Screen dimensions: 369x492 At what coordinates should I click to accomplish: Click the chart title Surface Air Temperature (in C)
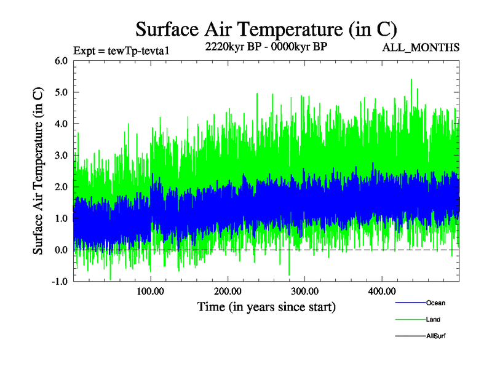[x=266, y=29]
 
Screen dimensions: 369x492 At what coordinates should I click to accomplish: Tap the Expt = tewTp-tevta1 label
[x=121, y=51]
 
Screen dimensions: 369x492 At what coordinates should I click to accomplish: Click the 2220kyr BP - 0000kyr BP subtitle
[x=265, y=47]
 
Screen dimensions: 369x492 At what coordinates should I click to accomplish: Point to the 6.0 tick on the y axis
[x=61, y=61]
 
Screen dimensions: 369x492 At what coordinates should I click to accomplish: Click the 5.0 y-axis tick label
[x=61, y=92]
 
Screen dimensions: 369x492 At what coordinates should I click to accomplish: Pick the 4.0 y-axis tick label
[x=61, y=124]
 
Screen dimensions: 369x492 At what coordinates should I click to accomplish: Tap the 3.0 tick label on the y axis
[x=61, y=155]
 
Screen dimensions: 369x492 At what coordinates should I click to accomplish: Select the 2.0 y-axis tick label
[x=61, y=186]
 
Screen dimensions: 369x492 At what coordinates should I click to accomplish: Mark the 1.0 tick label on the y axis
[x=61, y=218]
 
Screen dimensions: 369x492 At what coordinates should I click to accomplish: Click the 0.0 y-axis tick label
[x=61, y=250]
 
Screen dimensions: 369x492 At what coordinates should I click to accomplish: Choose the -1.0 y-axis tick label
[x=60, y=281]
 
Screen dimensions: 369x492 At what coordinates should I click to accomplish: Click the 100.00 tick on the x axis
[x=151, y=290]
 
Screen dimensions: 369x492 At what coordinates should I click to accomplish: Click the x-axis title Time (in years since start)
[x=266, y=306]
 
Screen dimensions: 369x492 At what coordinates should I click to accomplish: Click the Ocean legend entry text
[x=435, y=303]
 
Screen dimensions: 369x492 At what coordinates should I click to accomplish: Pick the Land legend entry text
[x=433, y=320]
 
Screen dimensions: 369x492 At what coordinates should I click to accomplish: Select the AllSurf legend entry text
[x=435, y=336]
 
